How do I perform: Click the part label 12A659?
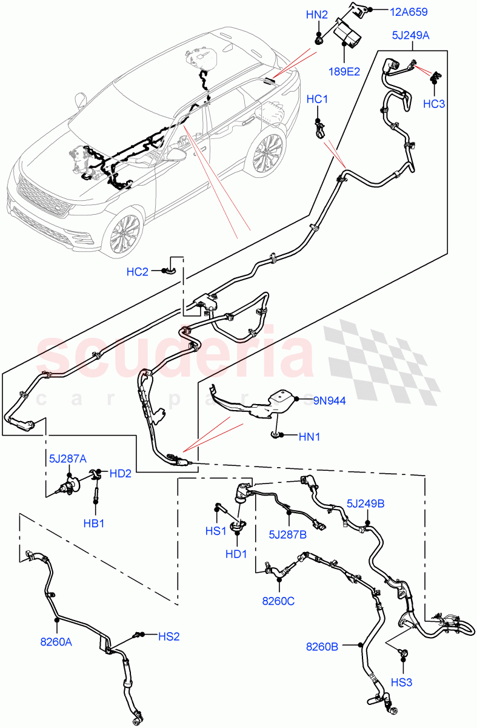(412, 11)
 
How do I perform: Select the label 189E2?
(344, 71)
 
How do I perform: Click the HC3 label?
(434, 104)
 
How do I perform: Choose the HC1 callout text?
(317, 99)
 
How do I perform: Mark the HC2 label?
(137, 272)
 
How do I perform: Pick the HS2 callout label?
(169, 636)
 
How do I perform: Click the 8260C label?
(278, 601)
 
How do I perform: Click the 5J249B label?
(367, 503)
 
